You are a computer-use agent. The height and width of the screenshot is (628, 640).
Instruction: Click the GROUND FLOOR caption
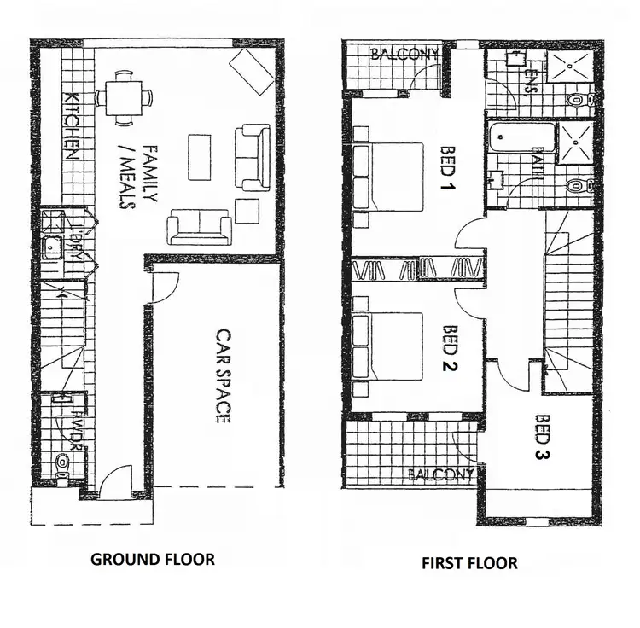[153, 560]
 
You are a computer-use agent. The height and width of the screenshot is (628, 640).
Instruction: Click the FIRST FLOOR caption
[469, 563]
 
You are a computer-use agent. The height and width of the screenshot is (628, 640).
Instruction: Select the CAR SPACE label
[223, 376]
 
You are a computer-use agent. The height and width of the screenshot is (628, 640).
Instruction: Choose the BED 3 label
[544, 437]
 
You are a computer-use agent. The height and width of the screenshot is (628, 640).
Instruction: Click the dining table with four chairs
[124, 96]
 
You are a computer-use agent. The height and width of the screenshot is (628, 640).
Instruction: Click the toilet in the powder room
[60, 463]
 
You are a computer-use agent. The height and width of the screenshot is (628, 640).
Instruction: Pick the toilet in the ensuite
[578, 101]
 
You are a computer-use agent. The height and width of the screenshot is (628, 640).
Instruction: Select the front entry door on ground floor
[115, 482]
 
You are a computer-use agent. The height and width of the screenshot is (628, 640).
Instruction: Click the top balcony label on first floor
[404, 55]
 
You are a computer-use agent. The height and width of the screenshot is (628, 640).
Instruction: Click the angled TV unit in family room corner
[252, 71]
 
